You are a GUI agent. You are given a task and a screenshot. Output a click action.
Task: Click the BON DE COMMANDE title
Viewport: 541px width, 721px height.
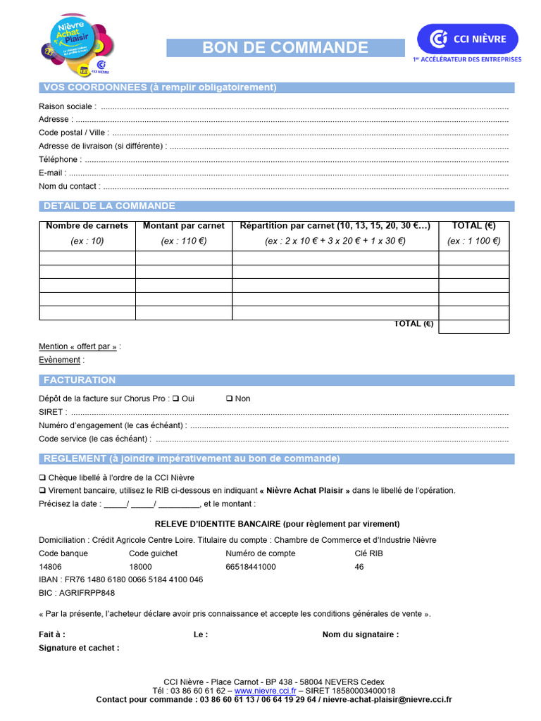285,48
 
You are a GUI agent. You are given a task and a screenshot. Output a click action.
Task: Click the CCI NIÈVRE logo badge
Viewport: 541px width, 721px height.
467,38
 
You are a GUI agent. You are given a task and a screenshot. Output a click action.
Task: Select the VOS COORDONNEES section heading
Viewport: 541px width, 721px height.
160,87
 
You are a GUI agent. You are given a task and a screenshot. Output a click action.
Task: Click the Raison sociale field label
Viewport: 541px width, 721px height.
67,106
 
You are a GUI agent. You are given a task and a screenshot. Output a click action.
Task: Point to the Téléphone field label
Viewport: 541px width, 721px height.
59,160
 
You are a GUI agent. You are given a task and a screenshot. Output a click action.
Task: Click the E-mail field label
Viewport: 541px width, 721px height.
52,173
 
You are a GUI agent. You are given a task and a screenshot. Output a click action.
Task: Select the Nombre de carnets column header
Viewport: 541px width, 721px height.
87,226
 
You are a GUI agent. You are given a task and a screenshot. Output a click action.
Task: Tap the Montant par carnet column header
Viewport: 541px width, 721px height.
184,226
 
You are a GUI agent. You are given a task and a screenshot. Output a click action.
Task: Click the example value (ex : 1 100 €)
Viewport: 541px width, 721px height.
473,241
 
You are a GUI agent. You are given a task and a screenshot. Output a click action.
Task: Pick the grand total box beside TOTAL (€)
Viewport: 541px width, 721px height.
473,326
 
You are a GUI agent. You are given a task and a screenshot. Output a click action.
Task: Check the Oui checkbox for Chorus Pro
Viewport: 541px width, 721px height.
175,399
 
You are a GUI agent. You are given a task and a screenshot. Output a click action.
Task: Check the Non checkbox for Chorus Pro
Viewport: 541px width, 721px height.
230,399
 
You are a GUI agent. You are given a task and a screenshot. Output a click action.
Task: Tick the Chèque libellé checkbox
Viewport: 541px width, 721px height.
42,477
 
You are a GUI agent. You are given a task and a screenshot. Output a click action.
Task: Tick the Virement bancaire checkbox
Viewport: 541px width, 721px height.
42,491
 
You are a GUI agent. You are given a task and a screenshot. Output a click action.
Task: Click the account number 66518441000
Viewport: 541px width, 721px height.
251,567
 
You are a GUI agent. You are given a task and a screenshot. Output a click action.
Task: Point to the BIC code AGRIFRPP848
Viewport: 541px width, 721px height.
77,593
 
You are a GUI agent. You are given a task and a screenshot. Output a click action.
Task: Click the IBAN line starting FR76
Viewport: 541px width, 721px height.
121,579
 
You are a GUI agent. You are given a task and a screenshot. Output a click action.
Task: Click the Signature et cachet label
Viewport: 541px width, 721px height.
79,648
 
